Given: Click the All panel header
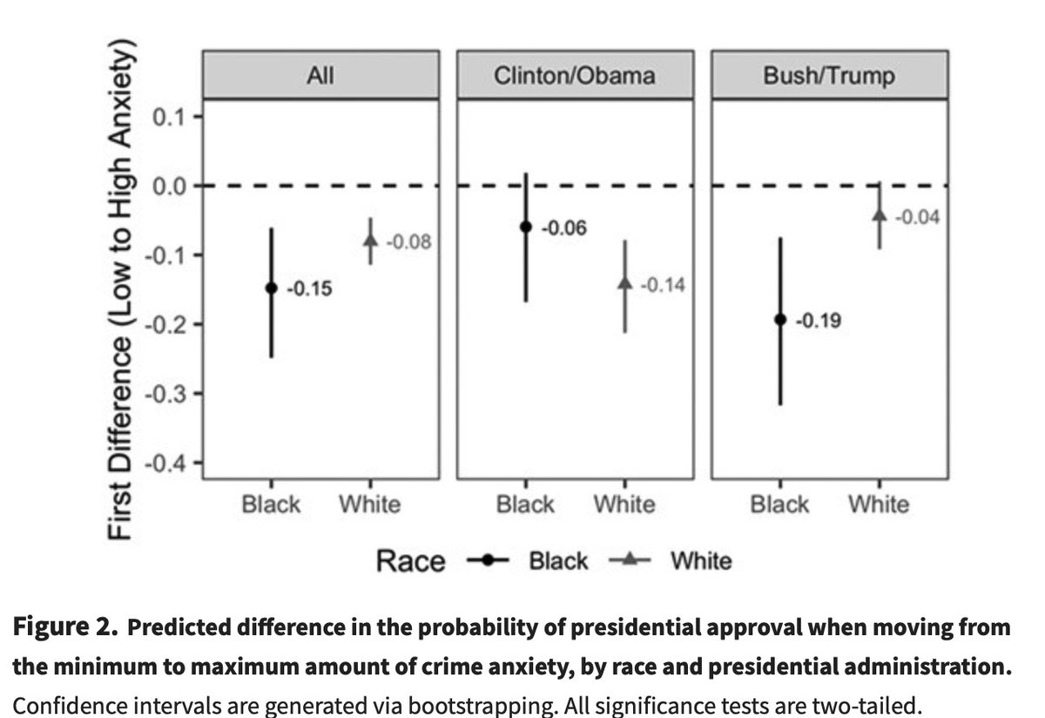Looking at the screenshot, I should pos(320,76).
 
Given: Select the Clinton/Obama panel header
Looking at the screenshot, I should pos(574,76).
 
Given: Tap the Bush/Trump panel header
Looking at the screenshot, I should pos(828,76).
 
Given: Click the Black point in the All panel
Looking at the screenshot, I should pos(271,288).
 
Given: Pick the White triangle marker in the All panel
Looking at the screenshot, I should pos(370,240).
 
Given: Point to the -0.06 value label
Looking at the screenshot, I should pos(563,228).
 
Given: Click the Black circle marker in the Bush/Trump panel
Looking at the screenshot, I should pos(780,320).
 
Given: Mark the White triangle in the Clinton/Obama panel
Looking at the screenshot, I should pos(624,282).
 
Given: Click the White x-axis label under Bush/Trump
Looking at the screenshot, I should pos(879,505).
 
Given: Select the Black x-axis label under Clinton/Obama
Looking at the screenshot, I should pos(525,505).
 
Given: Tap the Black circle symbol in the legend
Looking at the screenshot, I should pos(489,561).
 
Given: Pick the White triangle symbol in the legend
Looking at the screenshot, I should pos(630,561).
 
